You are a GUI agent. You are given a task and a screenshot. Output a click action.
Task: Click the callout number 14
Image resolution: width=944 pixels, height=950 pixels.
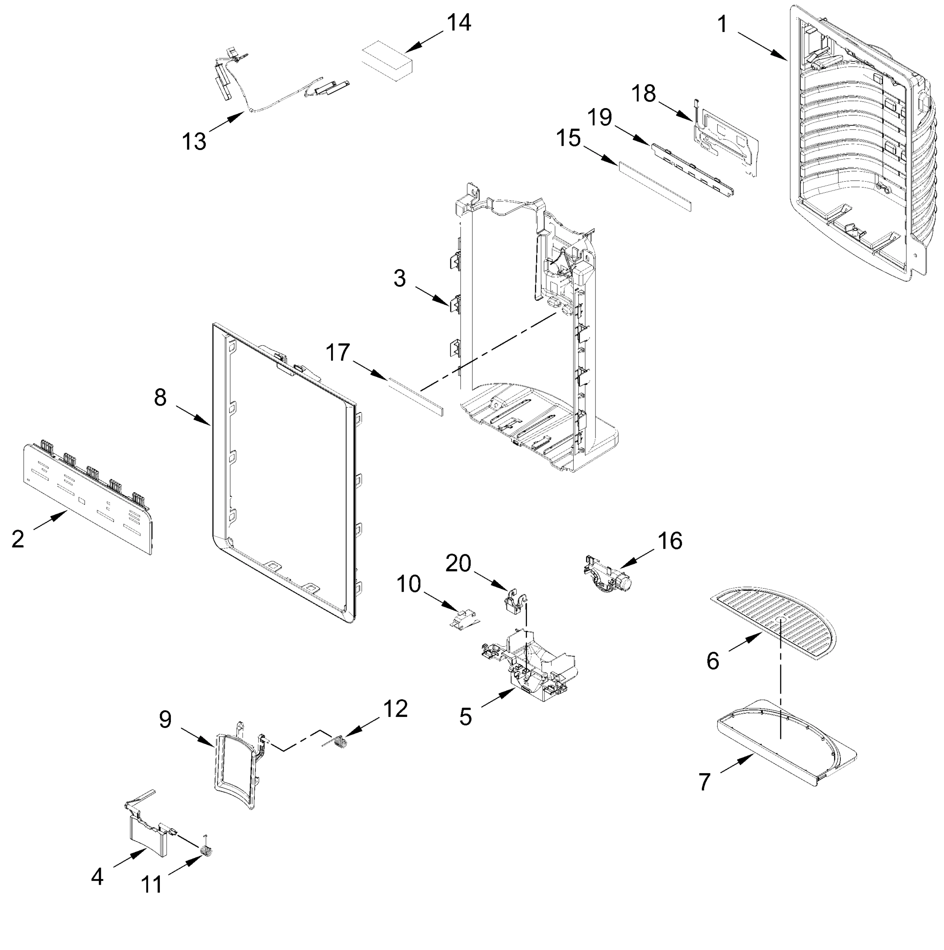pyautogui.click(x=459, y=23)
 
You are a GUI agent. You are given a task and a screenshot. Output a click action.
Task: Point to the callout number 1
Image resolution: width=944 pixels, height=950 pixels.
pyautogui.click(x=722, y=24)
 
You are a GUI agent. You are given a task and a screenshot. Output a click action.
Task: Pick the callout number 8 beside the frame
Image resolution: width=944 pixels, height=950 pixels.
pyautogui.click(x=160, y=397)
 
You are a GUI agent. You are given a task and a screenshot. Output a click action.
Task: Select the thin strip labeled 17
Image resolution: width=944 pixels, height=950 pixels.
pyautogui.click(x=416, y=396)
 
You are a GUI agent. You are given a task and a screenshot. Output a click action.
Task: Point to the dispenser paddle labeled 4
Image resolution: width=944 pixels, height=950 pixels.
pyautogui.click(x=148, y=835)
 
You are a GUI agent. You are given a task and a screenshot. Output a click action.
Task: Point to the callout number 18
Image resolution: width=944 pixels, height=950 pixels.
pyautogui.click(x=643, y=93)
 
